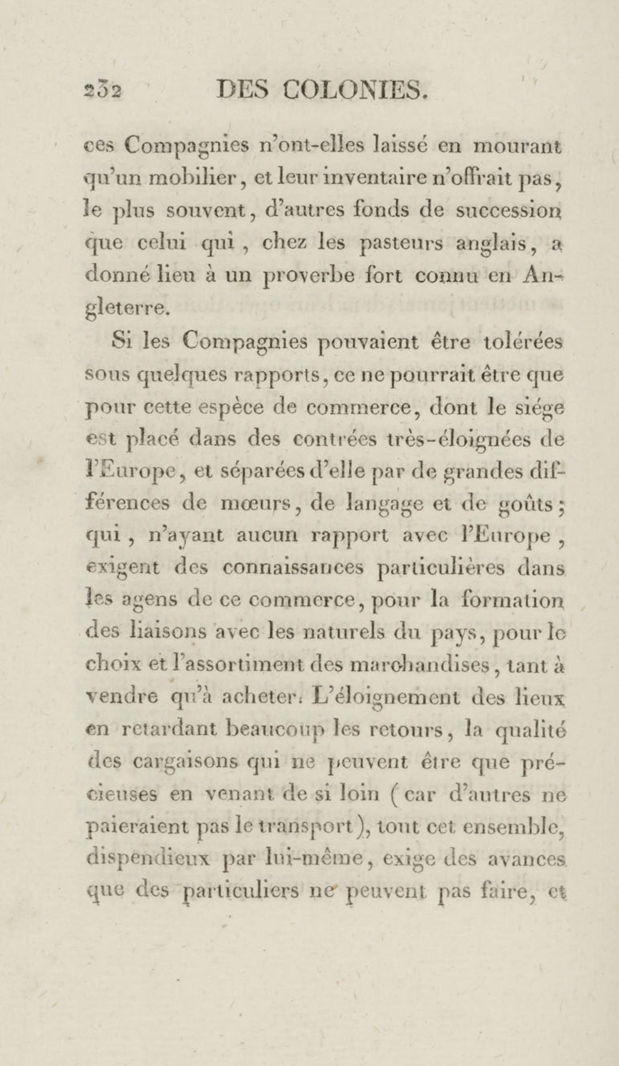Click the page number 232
pos(103,91)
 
